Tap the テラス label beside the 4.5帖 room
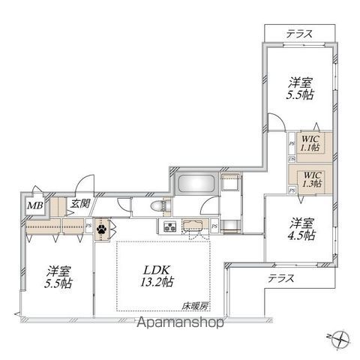click(280, 277)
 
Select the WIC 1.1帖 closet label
click(310, 142)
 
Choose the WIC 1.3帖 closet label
click(310, 181)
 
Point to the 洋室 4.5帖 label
click(301, 228)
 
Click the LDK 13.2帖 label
click(160, 275)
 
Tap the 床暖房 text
click(193, 305)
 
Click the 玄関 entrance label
click(79, 202)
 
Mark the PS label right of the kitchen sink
click(214, 226)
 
